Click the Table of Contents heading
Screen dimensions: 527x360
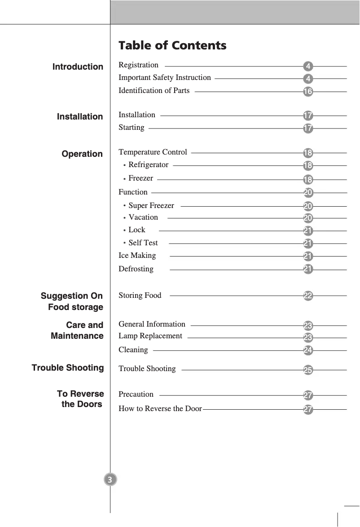tap(172, 45)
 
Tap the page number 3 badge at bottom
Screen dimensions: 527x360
tap(110, 479)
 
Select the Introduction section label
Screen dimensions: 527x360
tap(78, 67)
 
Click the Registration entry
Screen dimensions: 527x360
tap(138, 65)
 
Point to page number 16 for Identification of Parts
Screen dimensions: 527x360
tap(308, 92)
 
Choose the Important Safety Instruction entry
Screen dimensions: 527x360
tap(164, 78)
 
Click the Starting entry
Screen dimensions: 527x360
tap(131, 128)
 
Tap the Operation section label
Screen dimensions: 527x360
tap(82, 154)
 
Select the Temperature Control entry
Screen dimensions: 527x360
tap(153, 152)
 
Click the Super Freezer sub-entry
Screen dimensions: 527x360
tap(151, 206)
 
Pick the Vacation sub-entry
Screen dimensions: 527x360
tap(143, 217)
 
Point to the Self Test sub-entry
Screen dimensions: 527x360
tap(143, 243)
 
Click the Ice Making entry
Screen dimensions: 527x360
tap(137, 256)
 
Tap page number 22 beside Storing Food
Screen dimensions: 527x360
tap(308, 296)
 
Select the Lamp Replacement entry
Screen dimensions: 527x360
tap(150, 336)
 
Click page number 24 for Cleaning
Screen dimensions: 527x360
tap(308, 350)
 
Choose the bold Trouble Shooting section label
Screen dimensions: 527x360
tap(68, 368)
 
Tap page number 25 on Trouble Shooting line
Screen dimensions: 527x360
tap(308, 370)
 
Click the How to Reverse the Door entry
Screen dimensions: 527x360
tap(160, 409)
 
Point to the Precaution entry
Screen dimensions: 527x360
tap(136, 394)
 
